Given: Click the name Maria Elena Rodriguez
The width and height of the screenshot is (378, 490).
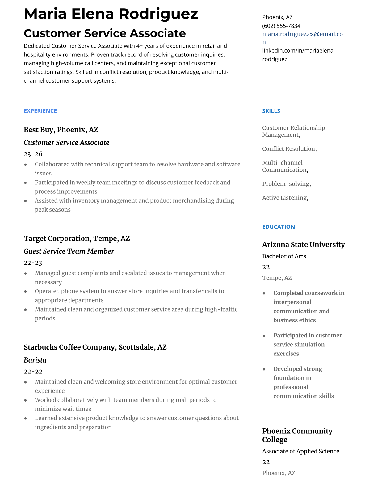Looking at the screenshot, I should tap(111, 14).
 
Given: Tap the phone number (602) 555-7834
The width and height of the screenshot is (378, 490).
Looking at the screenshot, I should tap(281, 26).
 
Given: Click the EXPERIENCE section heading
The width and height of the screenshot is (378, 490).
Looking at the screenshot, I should tap(40, 111).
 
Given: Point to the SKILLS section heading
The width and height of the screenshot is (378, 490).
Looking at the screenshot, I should tap(271, 111).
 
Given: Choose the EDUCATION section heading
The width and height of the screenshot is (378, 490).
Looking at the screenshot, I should tap(278, 227).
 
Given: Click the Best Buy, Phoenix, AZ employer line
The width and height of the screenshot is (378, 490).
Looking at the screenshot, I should tap(61, 130).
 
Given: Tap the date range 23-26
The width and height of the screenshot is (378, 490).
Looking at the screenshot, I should tap(33, 154).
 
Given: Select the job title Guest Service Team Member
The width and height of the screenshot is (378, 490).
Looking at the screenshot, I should tap(69, 251).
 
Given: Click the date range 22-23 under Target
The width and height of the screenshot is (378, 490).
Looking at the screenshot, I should tap(33, 263).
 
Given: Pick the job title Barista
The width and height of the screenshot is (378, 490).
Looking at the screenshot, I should tap(35, 360).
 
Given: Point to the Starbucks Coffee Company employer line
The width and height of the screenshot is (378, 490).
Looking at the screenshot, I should tap(95, 347).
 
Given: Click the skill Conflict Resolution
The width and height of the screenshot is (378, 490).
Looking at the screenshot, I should tap(289, 149).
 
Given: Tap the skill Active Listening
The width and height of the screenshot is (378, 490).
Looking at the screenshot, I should tap(285, 198).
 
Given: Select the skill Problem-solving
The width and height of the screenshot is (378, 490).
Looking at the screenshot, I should tap(286, 184).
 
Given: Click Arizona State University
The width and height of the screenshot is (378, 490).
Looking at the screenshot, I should tap(303, 244).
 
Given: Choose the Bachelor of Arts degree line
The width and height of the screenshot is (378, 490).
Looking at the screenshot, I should tap(284, 256).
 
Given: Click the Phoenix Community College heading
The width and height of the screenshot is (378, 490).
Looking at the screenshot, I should tap(297, 435).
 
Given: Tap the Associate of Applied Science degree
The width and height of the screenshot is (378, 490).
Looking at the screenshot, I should tap(300, 451).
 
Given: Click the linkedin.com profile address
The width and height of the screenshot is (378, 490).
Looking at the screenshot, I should tap(298, 55).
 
